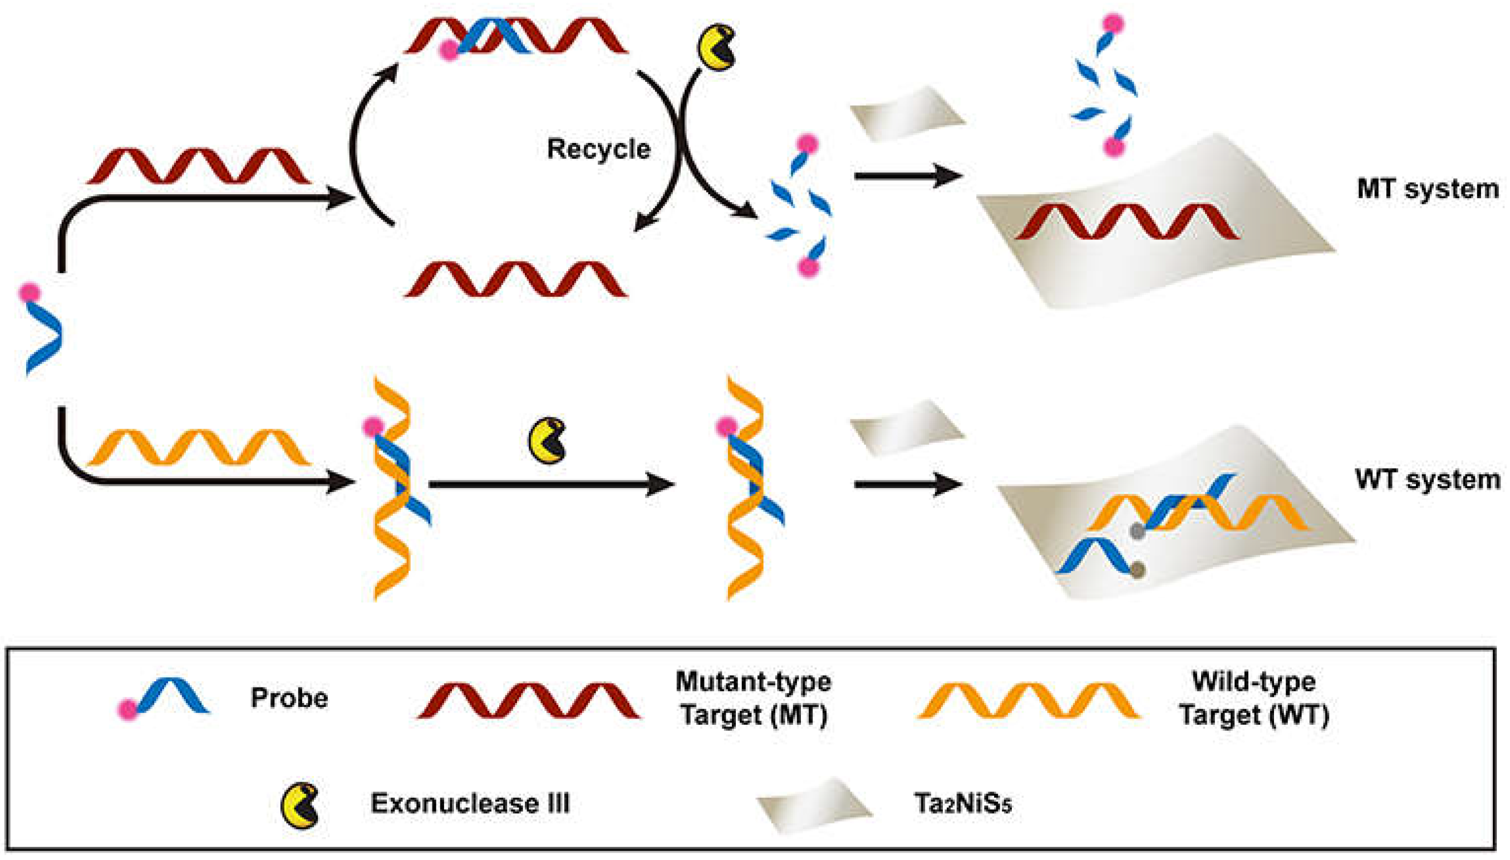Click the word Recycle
point(598,148)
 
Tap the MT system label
point(1427,189)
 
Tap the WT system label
point(1427,479)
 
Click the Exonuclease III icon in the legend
point(301,804)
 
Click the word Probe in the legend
point(289,697)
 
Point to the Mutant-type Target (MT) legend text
point(754,698)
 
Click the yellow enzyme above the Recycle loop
point(716,47)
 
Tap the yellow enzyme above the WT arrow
point(547,441)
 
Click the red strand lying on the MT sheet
point(1127,222)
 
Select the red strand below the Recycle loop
point(515,279)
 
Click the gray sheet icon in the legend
point(815,803)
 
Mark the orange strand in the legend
point(1028,701)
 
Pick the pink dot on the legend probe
point(127,709)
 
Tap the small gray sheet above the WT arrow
point(907,426)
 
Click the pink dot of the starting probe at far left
point(29,292)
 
